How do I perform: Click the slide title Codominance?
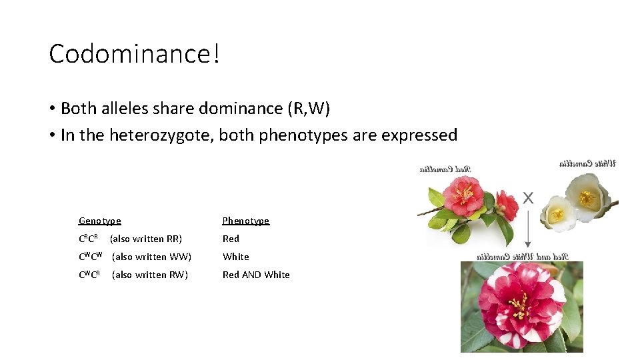134,54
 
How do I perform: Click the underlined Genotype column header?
100,221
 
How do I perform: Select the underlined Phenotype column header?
245,221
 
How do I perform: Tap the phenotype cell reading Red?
231,239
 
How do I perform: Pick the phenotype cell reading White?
235,257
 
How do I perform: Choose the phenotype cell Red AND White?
256,275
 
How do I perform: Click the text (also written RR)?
145,239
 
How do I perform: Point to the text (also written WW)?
151,257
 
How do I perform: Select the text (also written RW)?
150,275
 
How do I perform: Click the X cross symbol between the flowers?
528,197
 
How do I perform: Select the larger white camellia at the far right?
587,196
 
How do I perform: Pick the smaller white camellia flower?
557,213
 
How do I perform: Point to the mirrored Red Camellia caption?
445,169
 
